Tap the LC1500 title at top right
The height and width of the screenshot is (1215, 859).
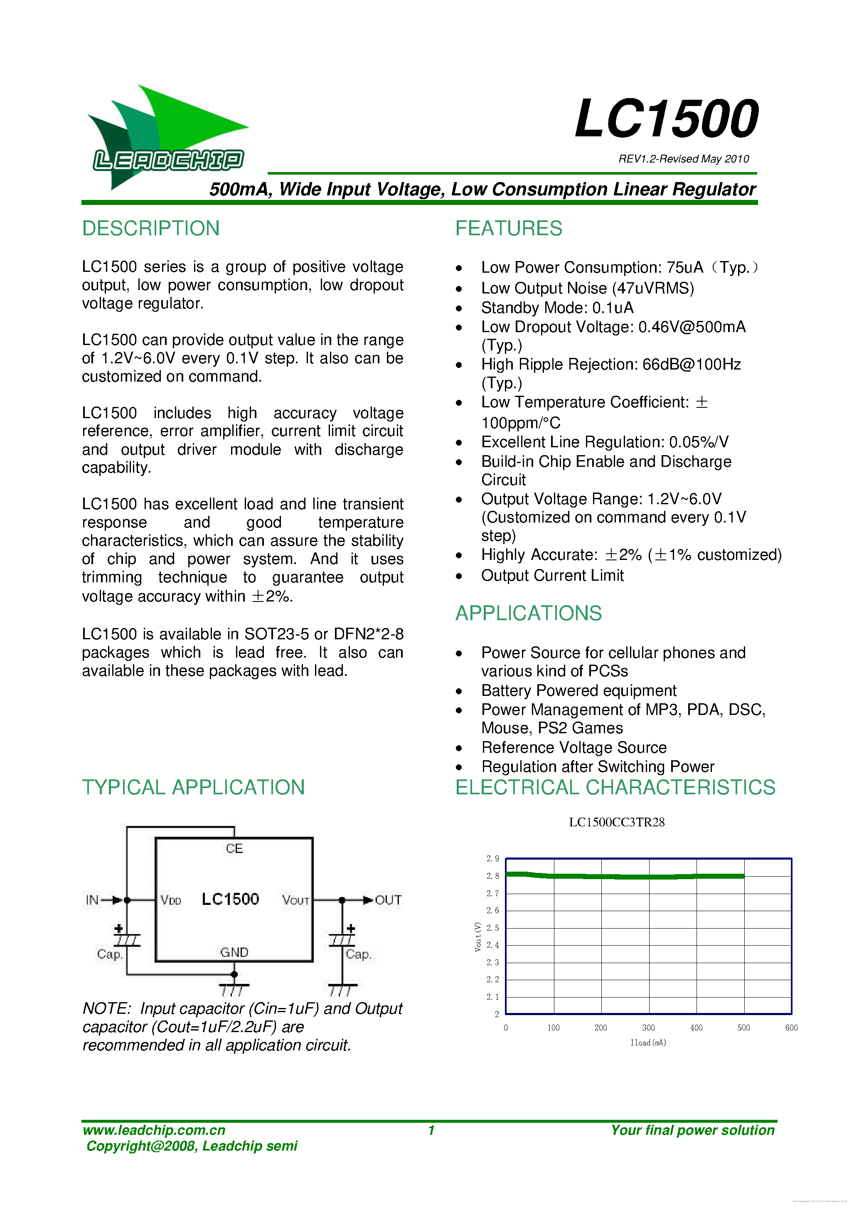(667, 118)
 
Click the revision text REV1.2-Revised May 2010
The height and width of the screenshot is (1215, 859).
(683, 159)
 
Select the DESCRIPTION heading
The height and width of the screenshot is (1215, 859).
(151, 229)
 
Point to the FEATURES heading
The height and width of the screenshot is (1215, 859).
(508, 229)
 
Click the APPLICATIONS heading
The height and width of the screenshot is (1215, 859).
(529, 614)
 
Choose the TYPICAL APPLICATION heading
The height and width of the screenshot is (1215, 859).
(193, 787)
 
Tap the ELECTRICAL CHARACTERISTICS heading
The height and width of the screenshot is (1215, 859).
(615, 787)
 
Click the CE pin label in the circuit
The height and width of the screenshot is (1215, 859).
(234, 849)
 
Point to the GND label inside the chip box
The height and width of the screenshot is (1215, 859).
(234, 953)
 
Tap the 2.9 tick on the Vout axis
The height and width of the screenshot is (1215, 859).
(492, 858)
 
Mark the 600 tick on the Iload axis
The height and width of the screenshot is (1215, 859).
(791, 1028)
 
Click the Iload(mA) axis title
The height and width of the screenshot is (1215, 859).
(648, 1042)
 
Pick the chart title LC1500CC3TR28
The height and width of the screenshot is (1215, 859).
(616, 822)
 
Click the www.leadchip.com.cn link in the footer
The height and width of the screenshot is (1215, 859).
(154, 1130)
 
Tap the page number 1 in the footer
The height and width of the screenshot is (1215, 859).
(431, 1130)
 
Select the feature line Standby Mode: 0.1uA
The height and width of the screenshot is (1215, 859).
(557, 308)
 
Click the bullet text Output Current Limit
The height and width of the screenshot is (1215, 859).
(552, 576)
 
